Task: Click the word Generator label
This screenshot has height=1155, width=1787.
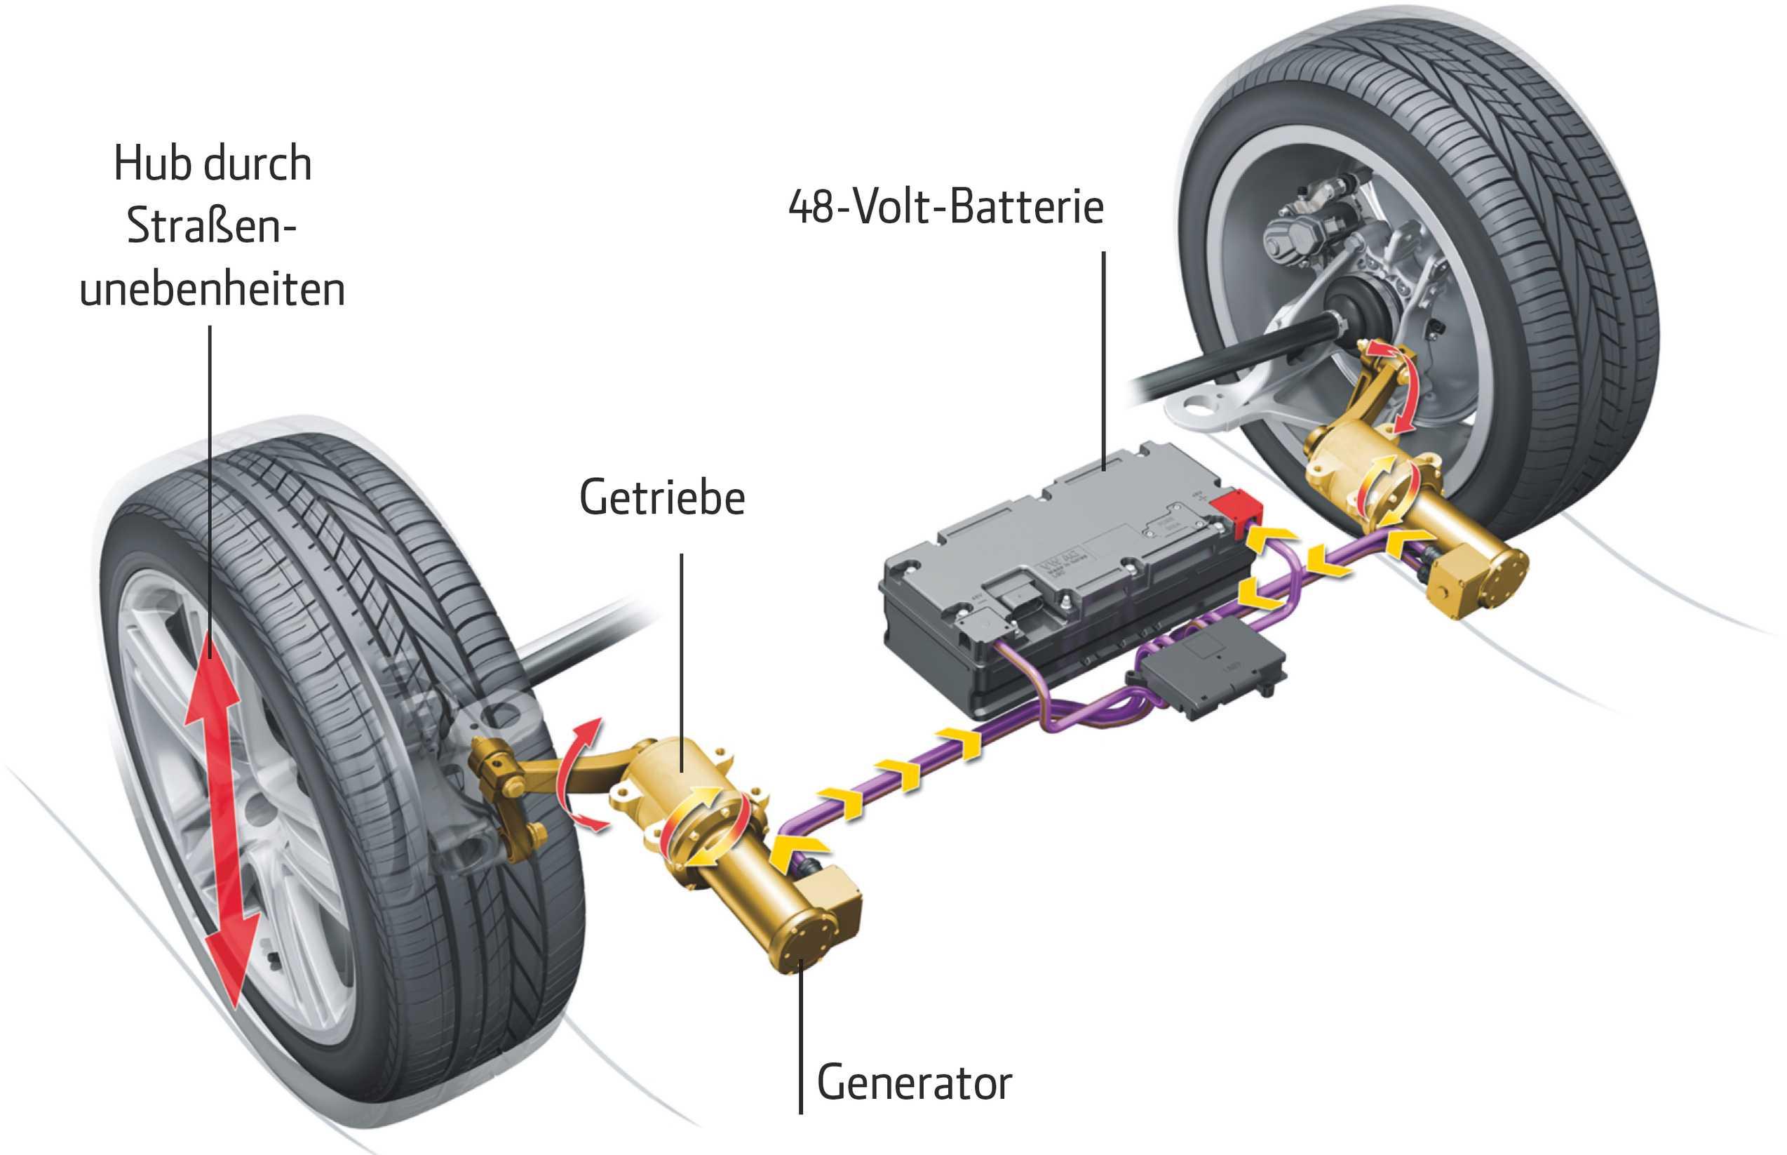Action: [914, 1082]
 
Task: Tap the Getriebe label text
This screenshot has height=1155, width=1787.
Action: [662, 498]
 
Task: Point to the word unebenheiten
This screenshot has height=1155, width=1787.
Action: [212, 289]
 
